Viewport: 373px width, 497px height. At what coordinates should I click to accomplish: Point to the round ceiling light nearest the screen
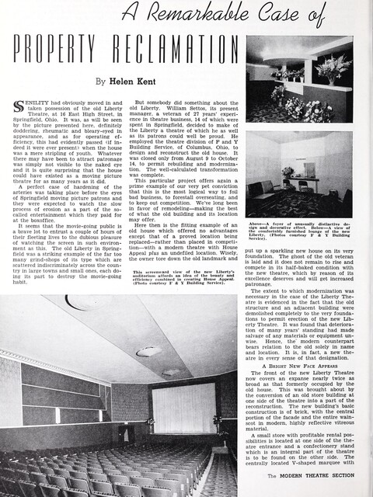click(x=167, y=374)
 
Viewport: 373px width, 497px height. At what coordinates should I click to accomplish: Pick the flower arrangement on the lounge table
click(x=288, y=172)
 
